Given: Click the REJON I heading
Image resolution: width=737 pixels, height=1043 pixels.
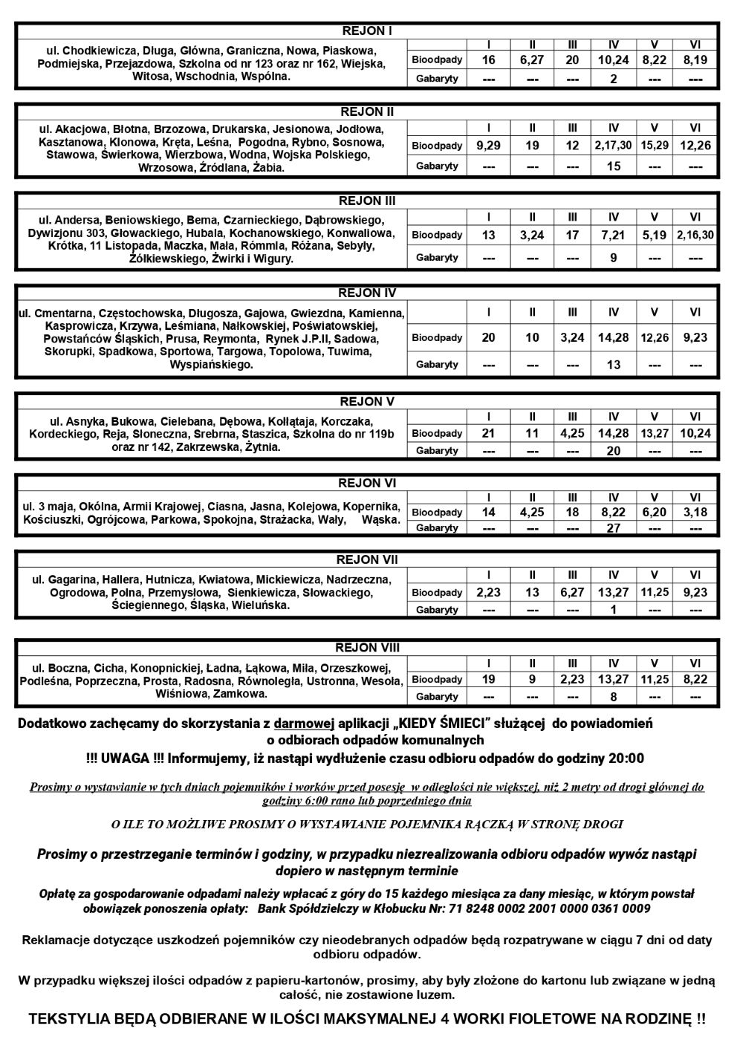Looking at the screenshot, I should [367, 31].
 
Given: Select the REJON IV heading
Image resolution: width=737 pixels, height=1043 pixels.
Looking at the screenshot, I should [367, 293].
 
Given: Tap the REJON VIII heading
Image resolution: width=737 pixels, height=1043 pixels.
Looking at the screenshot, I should [367, 648].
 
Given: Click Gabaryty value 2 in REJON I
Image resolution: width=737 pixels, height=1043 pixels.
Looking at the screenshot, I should [613, 79].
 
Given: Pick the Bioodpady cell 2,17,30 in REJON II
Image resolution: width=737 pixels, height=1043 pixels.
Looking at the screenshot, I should [613, 146].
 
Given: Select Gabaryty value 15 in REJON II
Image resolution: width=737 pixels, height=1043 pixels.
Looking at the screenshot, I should [613, 166].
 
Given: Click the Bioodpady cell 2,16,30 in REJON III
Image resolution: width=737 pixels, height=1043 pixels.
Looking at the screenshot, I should [695, 235].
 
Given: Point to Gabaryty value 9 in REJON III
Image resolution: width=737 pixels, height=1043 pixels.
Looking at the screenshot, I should [613, 258].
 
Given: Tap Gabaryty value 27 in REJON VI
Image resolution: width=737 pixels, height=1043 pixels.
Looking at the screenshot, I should [613, 528].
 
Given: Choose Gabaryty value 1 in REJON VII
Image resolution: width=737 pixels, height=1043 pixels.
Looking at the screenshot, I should [613, 610].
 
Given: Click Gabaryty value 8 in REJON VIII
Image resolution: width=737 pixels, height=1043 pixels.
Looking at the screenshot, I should [613, 697].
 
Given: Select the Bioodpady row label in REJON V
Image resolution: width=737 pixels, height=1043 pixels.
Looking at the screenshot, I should [437, 433].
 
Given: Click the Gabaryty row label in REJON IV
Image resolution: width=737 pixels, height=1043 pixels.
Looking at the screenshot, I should [437, 365].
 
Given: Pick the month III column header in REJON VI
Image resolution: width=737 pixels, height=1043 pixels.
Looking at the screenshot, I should [572, 497].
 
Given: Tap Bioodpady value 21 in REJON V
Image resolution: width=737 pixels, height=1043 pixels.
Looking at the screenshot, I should [488, 433].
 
